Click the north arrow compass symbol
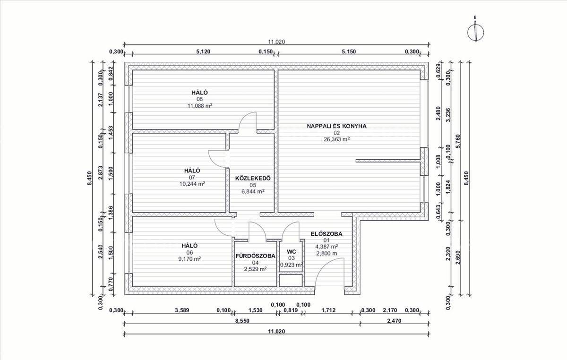click(476, 33)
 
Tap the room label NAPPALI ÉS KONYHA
click(336, 126)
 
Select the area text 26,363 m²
click(336, 139)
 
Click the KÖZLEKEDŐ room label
click(253, 178)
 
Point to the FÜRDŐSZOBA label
click(256, 256)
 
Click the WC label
click(292, 252)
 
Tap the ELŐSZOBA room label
click(326, 234)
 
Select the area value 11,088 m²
click(200, 105)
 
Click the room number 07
click(192, 178)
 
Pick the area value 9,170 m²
click(189, 259)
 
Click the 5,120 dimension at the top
click(203, 51)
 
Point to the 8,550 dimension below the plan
click(242, 321)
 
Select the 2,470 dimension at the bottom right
click(394, 321)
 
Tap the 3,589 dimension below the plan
click(182, 310)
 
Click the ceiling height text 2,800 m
click(326, 253)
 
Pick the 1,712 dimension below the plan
click(328, 310)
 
